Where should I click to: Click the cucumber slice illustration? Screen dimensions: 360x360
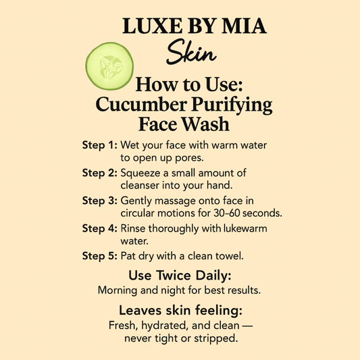tap(109, 66)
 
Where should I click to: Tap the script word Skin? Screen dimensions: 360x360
tap(191, 52)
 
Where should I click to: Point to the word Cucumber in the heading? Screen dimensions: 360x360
tap(141, 105)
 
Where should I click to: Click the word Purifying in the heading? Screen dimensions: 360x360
tap(232, 105)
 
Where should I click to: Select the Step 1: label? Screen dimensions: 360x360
tap(100, 145)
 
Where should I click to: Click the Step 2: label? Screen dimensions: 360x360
tap(100, 173)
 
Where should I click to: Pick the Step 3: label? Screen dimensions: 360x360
tap(100, 201)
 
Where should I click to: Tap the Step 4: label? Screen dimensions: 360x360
tap(100, 228)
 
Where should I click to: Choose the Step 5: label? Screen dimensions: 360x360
tap(100, 256)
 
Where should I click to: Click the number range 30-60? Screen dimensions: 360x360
tap(227, 213)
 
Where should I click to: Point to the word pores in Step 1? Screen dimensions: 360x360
tap(188, 159)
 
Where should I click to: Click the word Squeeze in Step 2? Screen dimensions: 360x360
tap(140, 174)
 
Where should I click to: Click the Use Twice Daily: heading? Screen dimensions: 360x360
tap(180, 276)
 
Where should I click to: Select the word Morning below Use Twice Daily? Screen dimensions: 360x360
tap(118, 290)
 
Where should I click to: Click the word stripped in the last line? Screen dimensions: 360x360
tap(216, 338)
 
